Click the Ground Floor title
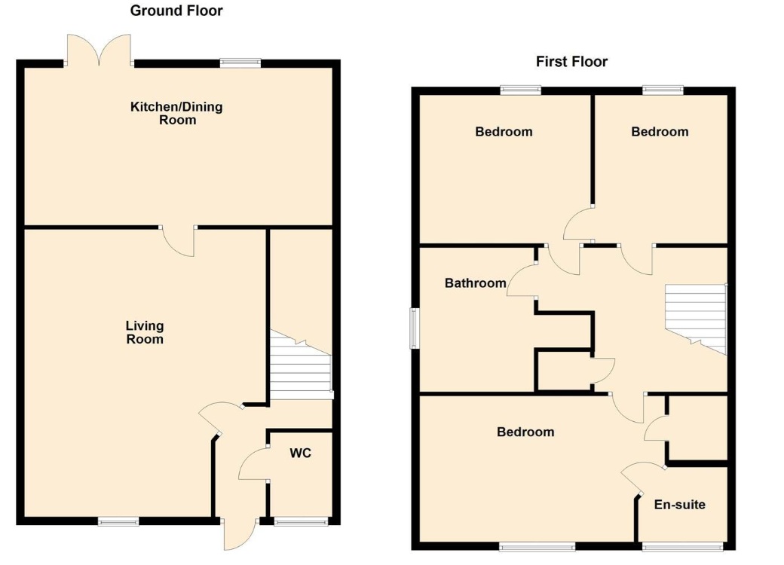176,11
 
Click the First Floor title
571,62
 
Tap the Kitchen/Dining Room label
177,113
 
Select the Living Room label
145,332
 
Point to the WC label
300,454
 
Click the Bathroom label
475,283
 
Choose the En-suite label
680,504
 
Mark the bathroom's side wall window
413,328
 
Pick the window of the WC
300,521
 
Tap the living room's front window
118,521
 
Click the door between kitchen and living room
179,241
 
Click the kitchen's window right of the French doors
240,63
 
